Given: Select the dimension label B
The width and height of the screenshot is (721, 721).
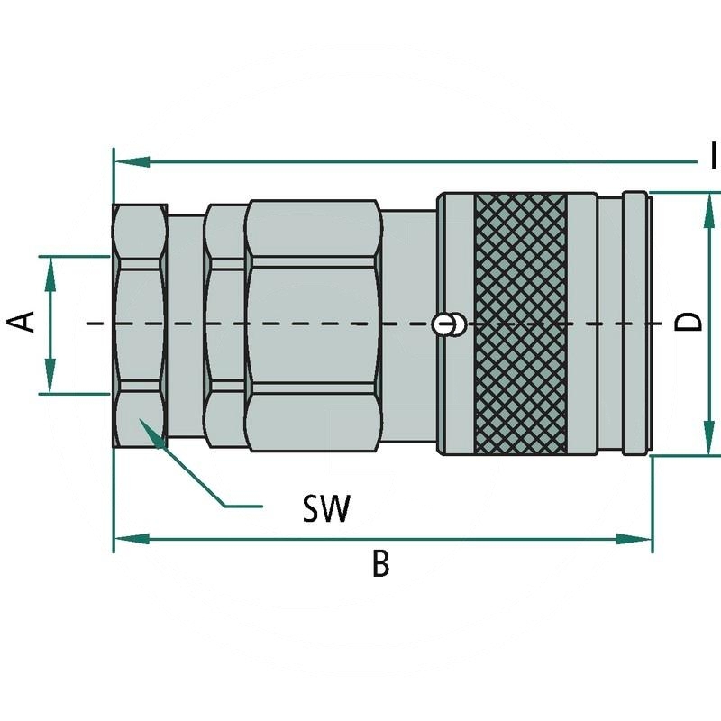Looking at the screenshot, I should point(380,564).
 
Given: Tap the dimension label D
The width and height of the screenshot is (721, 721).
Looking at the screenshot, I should point(689,322).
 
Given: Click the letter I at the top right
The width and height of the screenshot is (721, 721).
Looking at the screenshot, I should point(713,155).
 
